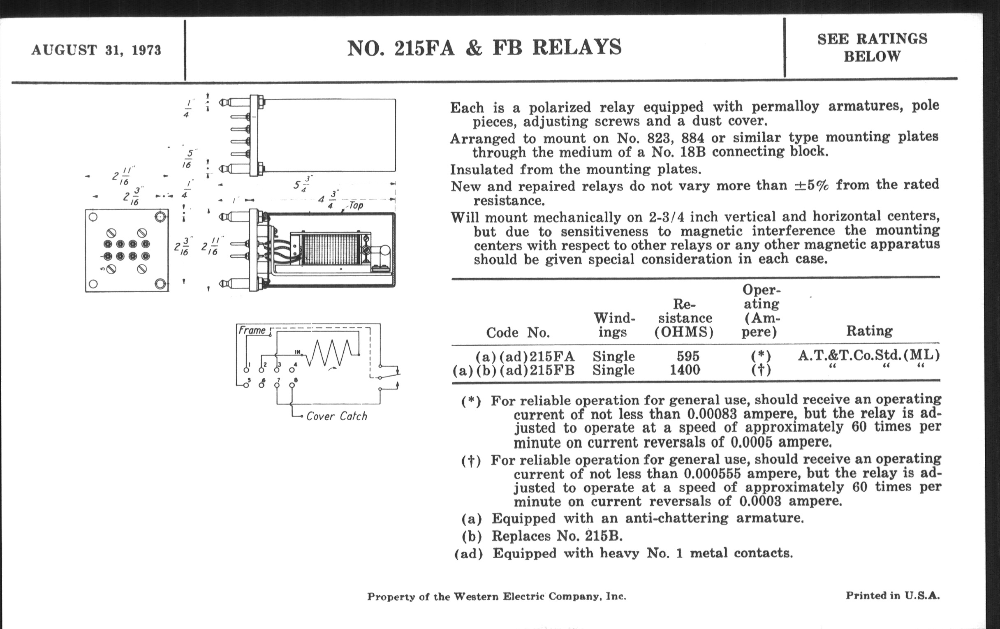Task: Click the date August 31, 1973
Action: pos(96,50)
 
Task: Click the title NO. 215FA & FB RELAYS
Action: pos(484,48)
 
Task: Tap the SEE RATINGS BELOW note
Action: pos(872,47)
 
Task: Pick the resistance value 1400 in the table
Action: pos(685,370)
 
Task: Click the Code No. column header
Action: pos(517,333)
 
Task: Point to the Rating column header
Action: pos(869,331)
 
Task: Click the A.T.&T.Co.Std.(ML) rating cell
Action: pos(868,355)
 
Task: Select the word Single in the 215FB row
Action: pos(613,370)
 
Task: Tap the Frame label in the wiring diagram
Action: pos(252,331)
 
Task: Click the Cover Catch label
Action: pos(336,416)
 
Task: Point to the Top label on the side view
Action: pos(356,206)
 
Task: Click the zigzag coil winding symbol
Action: pos(332,353)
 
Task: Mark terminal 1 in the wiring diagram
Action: pos(246,370)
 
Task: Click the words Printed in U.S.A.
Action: pos(892,596)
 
